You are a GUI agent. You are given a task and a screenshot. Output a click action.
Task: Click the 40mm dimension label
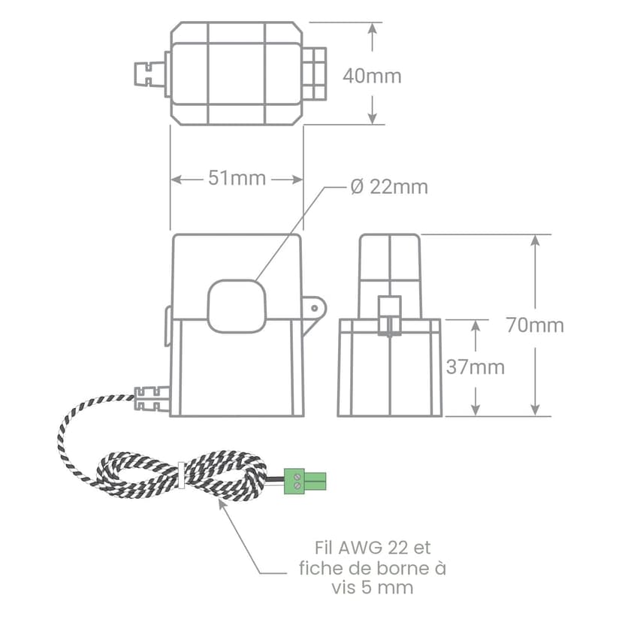372,76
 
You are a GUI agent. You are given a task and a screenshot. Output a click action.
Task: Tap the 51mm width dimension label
237,178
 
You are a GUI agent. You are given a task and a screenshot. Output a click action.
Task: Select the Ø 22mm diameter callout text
389,187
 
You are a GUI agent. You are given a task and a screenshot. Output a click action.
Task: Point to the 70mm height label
535,325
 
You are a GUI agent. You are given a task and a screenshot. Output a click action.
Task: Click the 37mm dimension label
476,367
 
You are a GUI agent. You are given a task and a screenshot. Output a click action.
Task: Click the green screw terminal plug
305,482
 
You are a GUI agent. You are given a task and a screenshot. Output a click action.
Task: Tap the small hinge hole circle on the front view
314,308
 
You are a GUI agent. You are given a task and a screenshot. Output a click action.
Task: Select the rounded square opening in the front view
237,306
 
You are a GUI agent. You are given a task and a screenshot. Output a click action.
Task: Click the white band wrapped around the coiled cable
181,475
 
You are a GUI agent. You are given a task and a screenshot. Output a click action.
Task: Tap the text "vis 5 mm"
373,587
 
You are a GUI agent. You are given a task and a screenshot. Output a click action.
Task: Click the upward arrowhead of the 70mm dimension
535,241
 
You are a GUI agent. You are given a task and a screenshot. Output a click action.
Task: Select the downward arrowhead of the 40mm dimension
372,117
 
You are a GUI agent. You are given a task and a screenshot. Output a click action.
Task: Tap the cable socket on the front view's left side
152,399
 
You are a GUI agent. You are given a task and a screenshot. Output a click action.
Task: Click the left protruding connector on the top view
149,74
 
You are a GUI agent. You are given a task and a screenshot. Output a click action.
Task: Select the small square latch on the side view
390,316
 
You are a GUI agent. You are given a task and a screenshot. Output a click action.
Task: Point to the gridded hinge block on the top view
315,74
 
